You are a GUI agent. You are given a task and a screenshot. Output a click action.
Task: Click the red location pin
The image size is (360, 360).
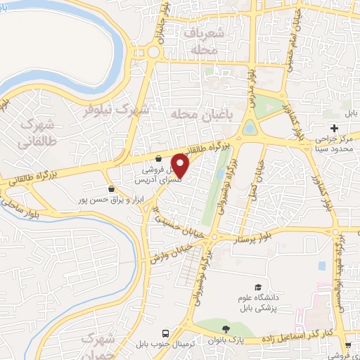coord(180,165)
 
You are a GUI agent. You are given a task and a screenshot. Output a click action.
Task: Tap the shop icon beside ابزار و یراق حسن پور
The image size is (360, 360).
coord(112,188)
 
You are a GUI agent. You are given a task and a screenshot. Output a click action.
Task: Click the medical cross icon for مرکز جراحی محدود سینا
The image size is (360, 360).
coord(335,127)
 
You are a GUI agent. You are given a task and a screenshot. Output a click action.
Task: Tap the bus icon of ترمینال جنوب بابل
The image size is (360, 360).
coord(165,333)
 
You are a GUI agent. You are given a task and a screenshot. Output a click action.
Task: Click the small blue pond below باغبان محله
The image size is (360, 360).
coord(250,129)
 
